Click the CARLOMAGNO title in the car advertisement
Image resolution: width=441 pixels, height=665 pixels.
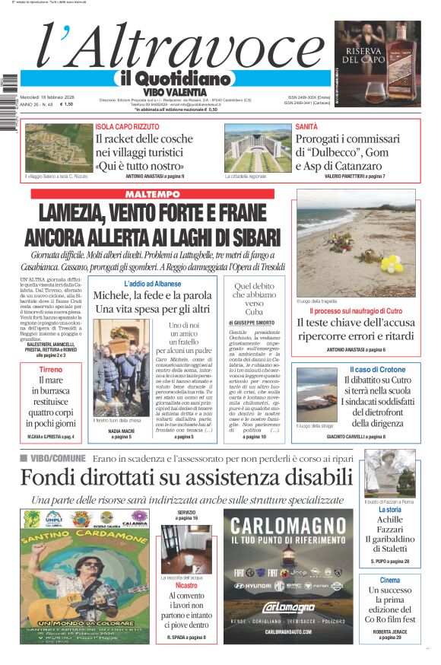coord(290,525)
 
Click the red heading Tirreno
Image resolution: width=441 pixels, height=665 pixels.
coord(51,370)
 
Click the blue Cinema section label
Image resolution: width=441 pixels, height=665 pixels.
coord(389,580)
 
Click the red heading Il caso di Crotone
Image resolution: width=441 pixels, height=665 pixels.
coord(377,369)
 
